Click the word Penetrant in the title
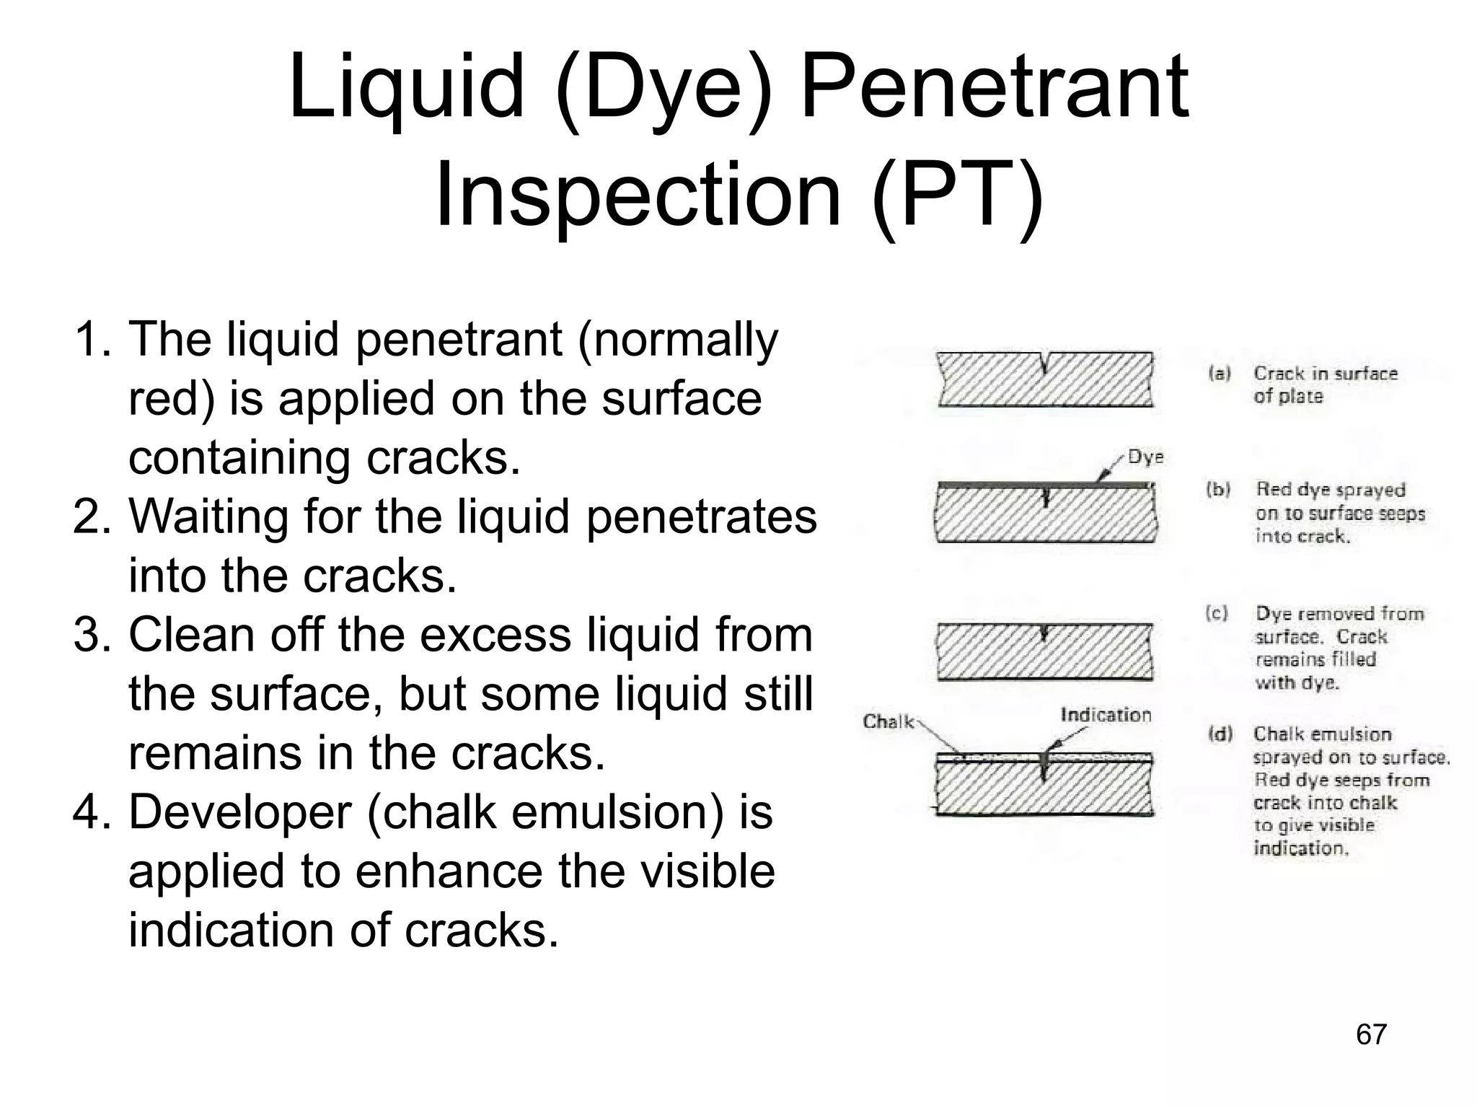pyautogui.click(x=994, y=88)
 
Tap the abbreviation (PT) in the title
pyautogui.click(x=957, y=195)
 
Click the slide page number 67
pyautogui.click(x=1371, y=1034)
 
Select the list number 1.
pyautogui.click(x=92, y=340)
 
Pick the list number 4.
pyautogui.click(x=92, y=812)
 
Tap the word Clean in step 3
pyautogui.click(x=190, y=635)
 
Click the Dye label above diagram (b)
pyautogui.click(x=1145, y=457)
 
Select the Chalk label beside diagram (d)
pyautogui.click(x=889, y=722)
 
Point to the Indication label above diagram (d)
pyautogui.click(x=1106, y=715)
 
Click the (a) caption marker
pyautogui.click(x=1220, y=374)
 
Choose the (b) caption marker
pyautogui.click(x=1218, y=490)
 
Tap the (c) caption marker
pyautogui.click(x=1217, y=614)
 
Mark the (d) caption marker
pyautogui.click(x=1220, y=734)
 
